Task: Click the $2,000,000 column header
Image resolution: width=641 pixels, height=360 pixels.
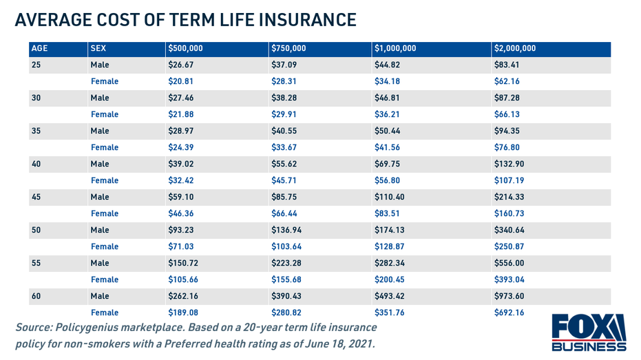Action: (x=515, y=49)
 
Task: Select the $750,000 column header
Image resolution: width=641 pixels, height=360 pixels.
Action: (x=288, y=49)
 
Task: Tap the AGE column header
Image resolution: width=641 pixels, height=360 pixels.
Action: (x=40, y=49)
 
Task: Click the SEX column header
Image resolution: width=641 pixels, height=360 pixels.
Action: (x=98, y=49)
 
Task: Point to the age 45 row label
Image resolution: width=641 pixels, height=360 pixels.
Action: (x=36, y=197)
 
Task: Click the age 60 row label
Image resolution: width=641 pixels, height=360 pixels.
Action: (x=36, y=296)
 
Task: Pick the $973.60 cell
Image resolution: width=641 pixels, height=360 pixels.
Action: (x=509, y=296)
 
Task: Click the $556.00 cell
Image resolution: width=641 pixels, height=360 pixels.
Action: (x=509, y=263)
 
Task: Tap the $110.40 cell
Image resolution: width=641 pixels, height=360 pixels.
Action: (x=390, y=197)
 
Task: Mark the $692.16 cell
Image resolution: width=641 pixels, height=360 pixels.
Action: (x=509, y=313)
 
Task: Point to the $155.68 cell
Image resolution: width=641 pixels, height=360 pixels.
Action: (x=286, y=279)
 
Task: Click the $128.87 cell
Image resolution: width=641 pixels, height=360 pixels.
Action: (x=390, y=246)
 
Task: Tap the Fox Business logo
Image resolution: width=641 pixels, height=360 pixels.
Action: (x=589, y=332)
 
